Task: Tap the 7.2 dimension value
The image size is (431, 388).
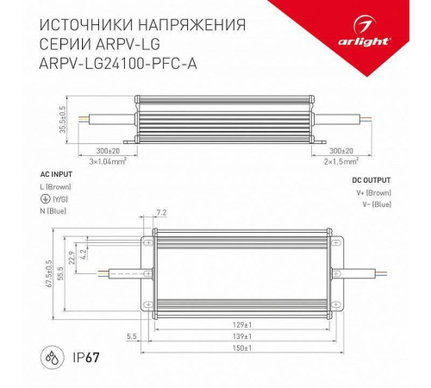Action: [161, 210]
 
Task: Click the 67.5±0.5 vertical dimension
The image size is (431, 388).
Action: [50, 275]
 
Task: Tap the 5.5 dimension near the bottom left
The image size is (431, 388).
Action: [131, 335]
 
